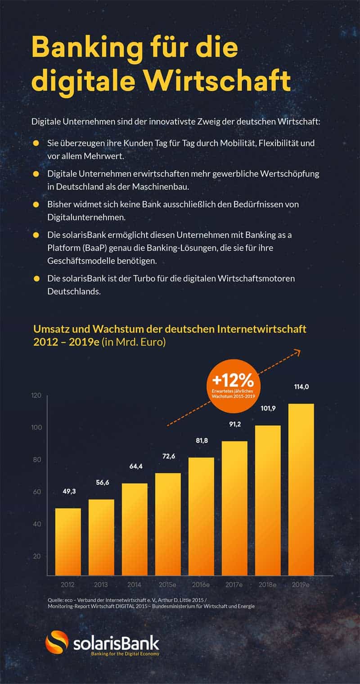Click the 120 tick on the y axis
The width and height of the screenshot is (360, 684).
coord(36,395)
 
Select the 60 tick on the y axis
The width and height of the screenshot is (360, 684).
coord(36,492)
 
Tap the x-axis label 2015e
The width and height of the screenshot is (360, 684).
coord(166,584)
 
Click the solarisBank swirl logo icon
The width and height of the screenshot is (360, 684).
coord(57,642)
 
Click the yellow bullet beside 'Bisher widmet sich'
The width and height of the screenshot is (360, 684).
coord(36,204)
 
